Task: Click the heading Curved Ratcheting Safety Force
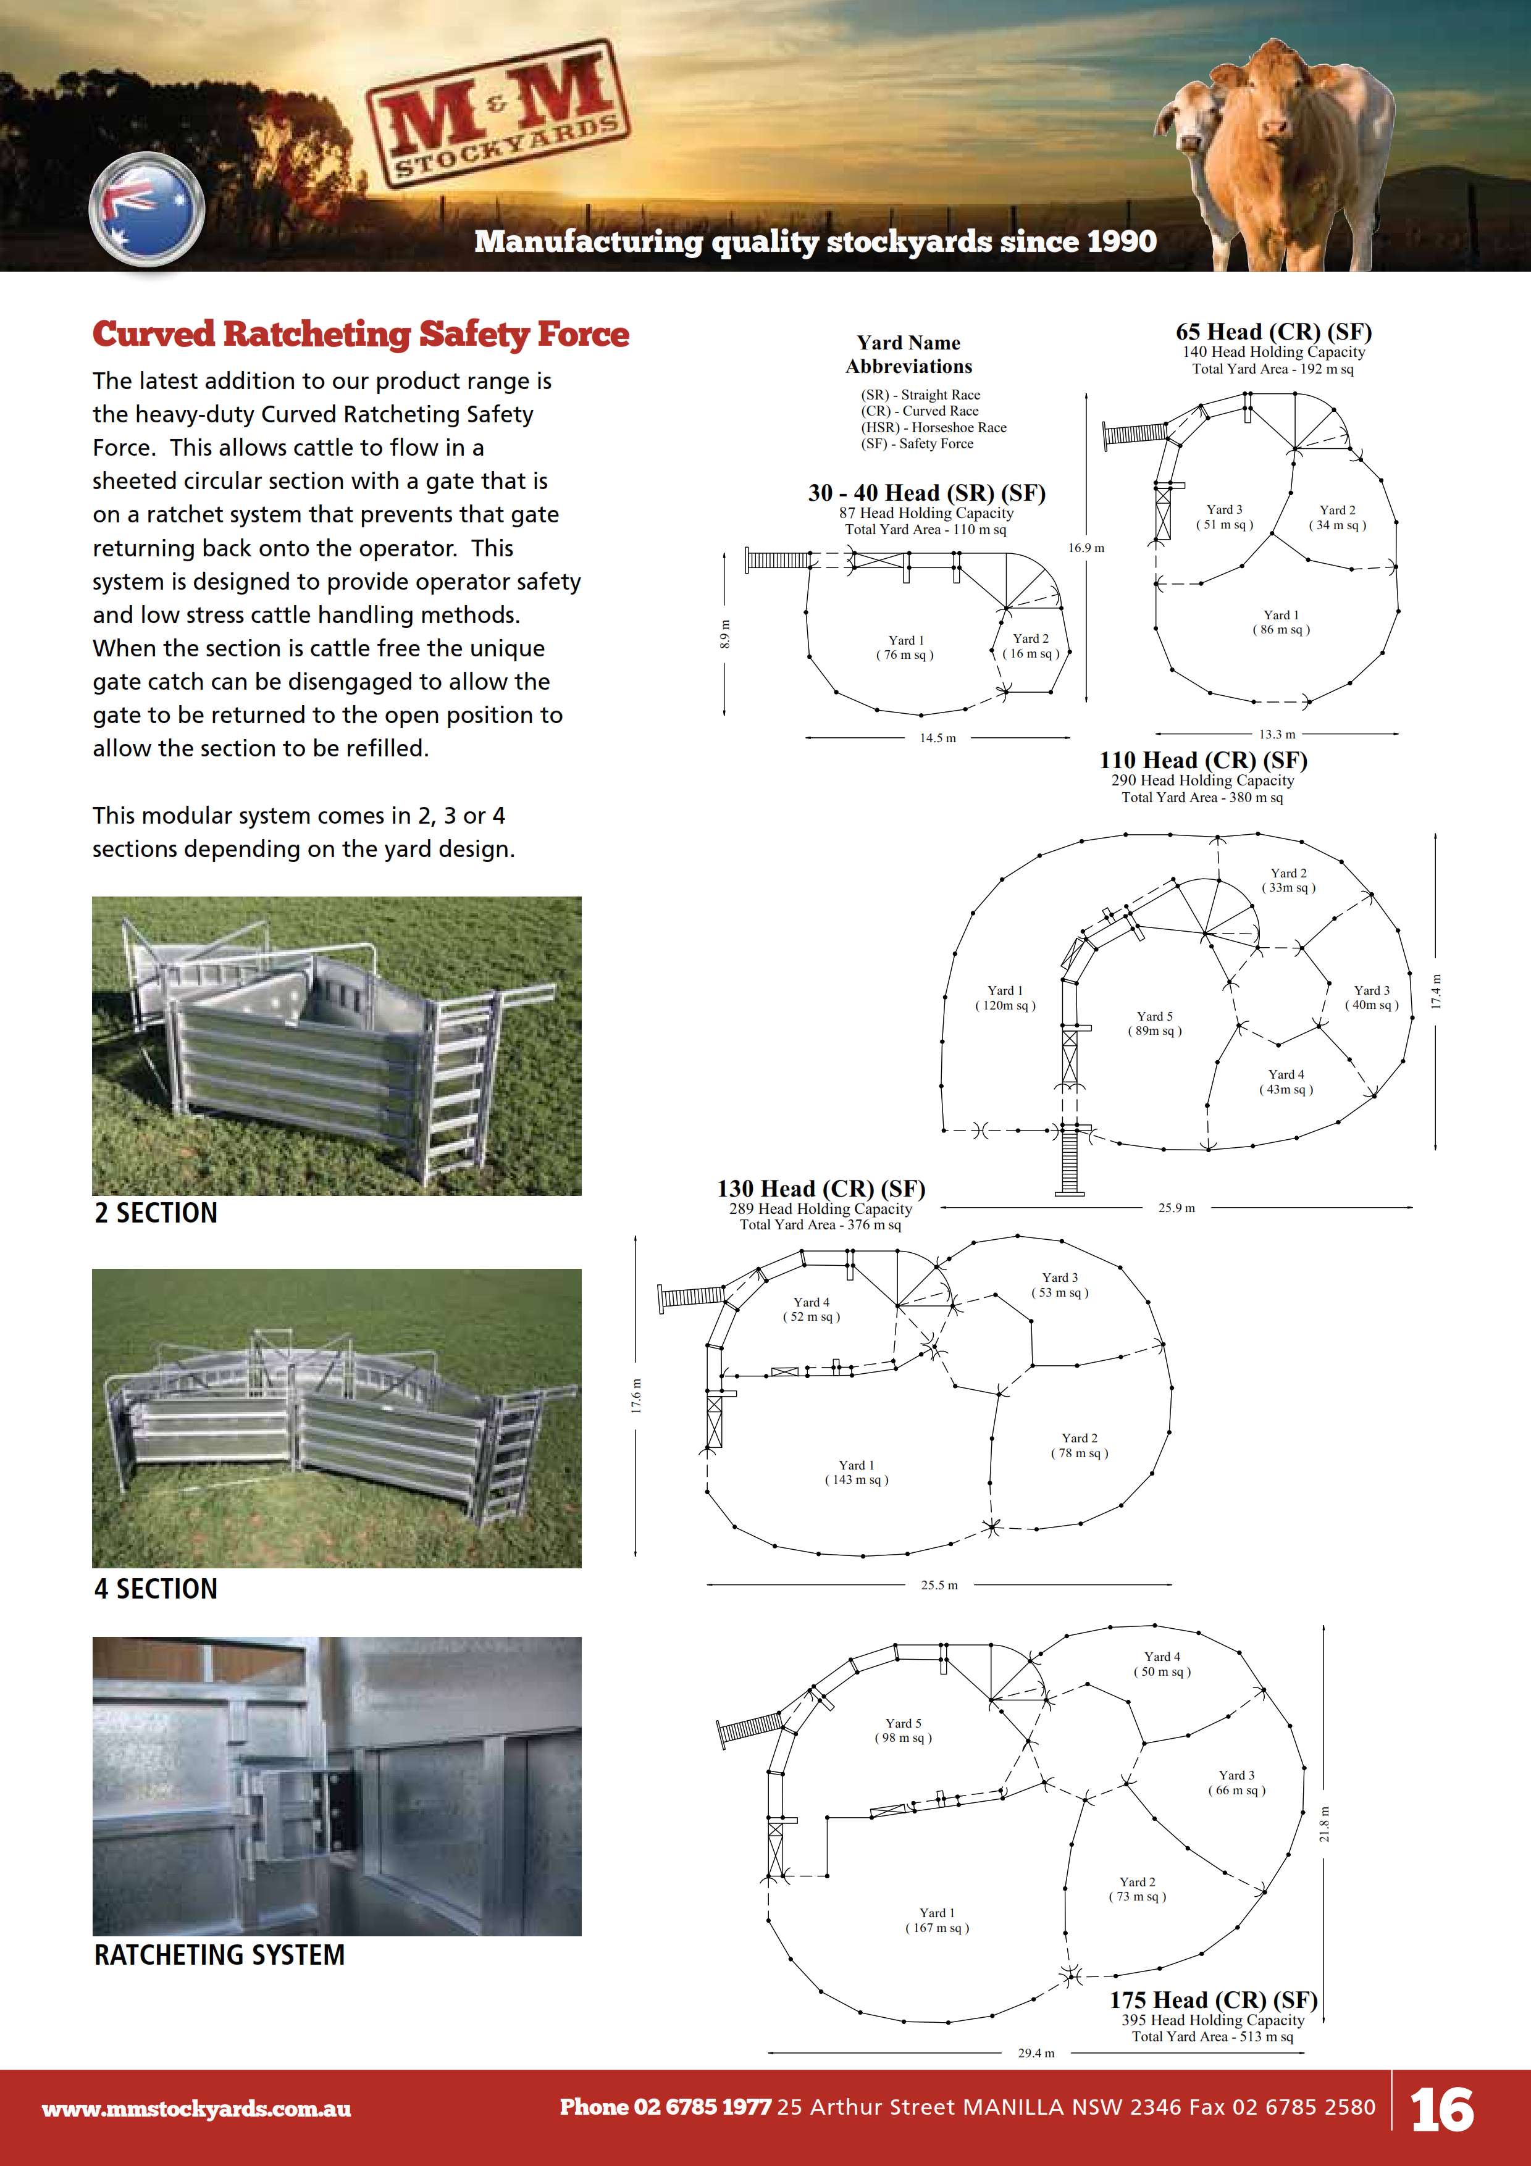[360, 334]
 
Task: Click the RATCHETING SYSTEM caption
[219, 1955]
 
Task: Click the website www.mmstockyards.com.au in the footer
[196, 2109]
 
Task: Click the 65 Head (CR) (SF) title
[1273, 332]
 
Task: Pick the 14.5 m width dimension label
[937, 738]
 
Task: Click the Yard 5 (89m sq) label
[1155, 1024]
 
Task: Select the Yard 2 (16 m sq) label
[1030, 646]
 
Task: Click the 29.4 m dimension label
[1036, 2053]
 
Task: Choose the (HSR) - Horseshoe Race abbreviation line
[933, 427]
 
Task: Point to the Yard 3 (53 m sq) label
[1059, 1285]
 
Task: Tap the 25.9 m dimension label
[1177, 1208]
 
